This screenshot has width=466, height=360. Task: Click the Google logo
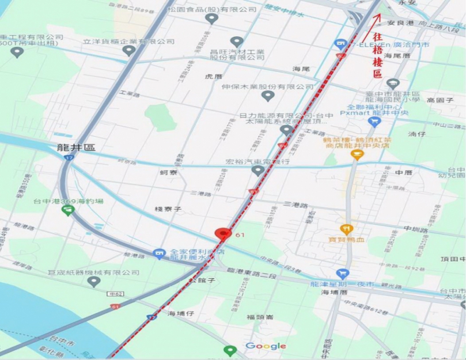point(266,346)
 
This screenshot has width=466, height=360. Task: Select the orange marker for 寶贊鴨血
point(346,229)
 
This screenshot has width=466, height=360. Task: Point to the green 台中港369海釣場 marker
point(69,210)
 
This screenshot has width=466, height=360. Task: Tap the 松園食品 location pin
point(211,18)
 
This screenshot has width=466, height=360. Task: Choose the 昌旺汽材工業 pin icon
point(237,41)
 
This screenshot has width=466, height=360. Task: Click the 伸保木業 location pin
point(267,96)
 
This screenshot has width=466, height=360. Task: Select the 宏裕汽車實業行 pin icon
point(257,170)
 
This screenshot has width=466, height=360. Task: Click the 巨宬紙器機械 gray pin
point(94,282)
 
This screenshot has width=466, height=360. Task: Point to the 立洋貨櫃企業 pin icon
point(129,50)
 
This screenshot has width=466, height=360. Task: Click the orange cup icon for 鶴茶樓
point(357,154)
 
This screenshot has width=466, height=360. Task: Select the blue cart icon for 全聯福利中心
point(374,122)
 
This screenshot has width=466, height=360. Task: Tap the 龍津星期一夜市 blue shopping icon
point(343,274)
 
